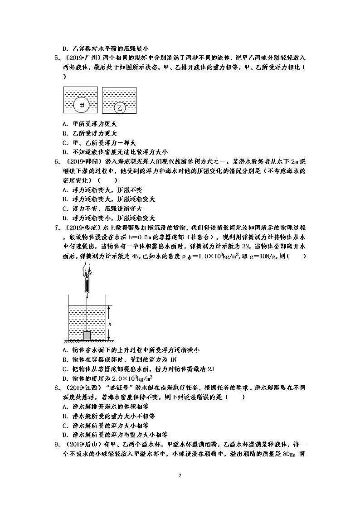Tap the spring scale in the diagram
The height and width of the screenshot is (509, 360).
tap(87, 286)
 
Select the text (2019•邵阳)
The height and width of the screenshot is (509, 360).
tap(83, 161)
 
